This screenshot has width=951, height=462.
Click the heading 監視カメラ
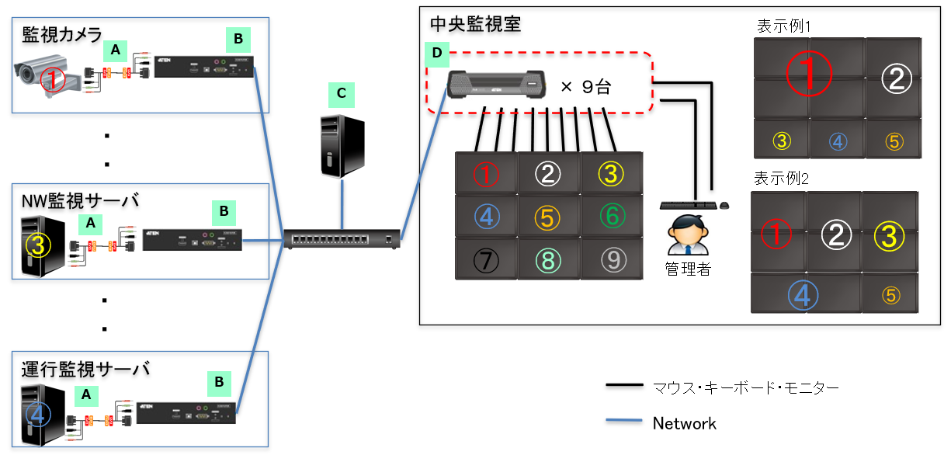(62, 34)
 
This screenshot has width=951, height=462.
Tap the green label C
(341, 94)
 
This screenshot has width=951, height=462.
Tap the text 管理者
(688, 269)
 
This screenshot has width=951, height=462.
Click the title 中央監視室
(475, 24)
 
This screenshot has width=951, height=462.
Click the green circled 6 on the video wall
(612, 216)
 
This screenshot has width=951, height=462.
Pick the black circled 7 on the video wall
(486, 259)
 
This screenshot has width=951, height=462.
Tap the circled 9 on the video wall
(613, 259)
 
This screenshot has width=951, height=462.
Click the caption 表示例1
(783, 26)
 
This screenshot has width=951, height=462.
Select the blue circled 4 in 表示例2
(803, 294)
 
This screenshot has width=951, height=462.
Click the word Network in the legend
(684, 423)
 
